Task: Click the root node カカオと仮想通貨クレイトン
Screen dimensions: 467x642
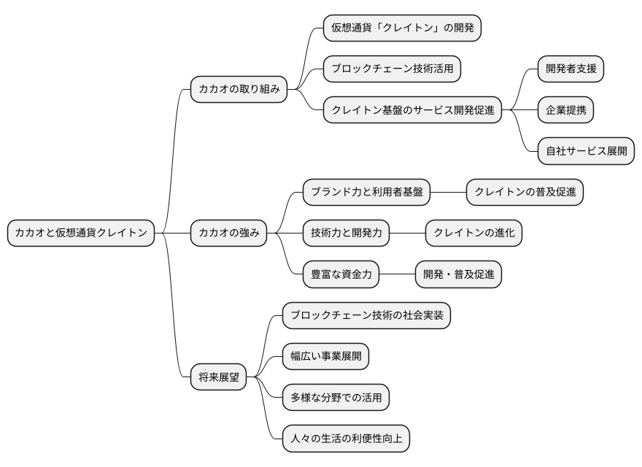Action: click(x=81, y=233)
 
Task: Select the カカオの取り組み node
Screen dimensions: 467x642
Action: click(x=238, y=90)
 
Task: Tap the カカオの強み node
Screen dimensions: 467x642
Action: click(x=229, y=233)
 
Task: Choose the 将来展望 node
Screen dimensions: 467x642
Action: click(x=219, y=377)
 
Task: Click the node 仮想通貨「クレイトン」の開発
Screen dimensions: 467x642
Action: click(x=403, y=28)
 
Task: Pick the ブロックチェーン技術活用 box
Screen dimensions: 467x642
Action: click(x=392, y=69)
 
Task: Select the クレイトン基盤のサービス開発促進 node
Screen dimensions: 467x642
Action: click(x=413, y=110)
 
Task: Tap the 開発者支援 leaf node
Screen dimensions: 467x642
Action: click(x=571, y=69)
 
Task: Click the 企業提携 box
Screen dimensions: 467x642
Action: click(x=565, y=110)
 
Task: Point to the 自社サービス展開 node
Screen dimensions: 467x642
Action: click(x=586, y=152)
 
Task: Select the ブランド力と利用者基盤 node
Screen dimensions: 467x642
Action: click(x=366, y=193)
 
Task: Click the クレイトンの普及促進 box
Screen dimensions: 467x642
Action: click(x=525, y=193)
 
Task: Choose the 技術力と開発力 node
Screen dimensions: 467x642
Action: click(x=346, y=233)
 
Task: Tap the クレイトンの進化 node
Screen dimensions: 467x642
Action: click(x=474, y=233)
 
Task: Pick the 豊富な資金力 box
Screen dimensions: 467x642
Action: click(x=341, y=274)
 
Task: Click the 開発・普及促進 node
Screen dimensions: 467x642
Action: click(x=458, y=274)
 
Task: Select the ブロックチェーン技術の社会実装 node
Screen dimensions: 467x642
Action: click(x=367, y=316)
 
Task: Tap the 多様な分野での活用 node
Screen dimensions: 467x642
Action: click(x=336, y=398)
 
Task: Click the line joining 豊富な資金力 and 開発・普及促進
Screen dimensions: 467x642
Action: click(x=397, y=274)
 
